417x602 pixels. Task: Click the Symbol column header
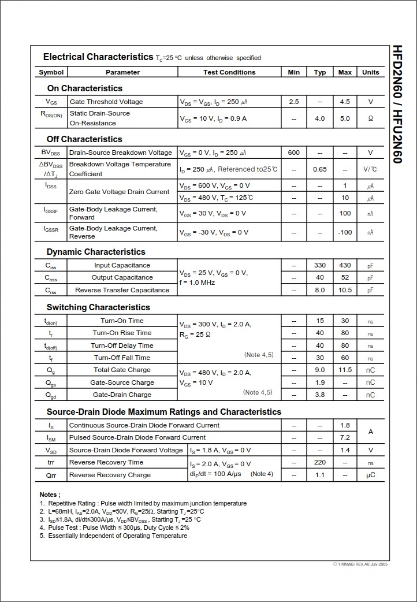coord(51,72)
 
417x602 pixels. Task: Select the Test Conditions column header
coord(229,72)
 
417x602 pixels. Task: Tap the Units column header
coord(371,72)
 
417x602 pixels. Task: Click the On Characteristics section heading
coord(85,88)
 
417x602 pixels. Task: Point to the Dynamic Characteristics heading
coord(96,252)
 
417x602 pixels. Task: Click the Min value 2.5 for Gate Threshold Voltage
coord(294,102)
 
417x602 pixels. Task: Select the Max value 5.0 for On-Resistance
coord(345,118)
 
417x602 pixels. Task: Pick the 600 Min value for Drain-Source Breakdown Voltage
coord(294,153)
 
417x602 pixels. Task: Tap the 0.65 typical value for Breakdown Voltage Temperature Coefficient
coord(320,169)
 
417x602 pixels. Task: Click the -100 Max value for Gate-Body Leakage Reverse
coord(345,232)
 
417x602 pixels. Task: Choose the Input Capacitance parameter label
coord(122,265)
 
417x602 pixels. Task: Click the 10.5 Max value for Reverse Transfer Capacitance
coord(345,290)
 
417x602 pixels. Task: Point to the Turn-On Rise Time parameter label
coord(122,333)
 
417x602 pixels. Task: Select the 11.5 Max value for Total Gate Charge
coord(345,370)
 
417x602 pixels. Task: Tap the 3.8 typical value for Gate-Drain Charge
coord(320,395)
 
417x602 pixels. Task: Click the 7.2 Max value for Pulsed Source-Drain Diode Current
coord(345,437)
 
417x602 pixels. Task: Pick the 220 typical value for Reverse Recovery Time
coord(320,462)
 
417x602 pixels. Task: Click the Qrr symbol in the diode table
coord(51,475)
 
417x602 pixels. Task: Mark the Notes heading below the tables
coord(50,495)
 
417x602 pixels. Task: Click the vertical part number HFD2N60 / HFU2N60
coord(397,104)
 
